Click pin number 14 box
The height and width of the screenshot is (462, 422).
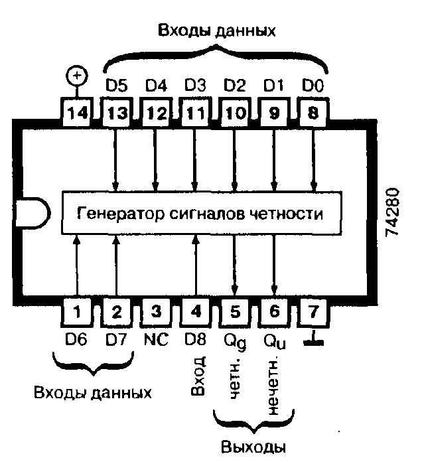click(78, 114)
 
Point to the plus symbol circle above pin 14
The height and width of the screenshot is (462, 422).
click(78, 76)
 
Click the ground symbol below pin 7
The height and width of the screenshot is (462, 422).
click(312, 341)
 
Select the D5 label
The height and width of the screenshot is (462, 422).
click(117, 86)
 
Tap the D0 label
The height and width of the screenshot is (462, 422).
click(313, 86)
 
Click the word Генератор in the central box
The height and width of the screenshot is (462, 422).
click(113, 214)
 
